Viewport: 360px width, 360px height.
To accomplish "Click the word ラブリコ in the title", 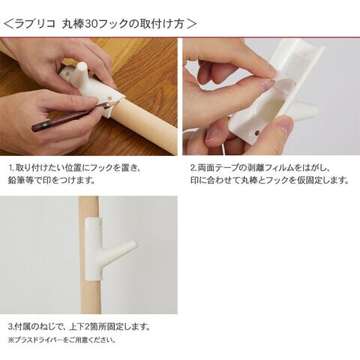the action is (35, 24).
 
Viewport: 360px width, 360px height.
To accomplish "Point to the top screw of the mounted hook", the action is (100, 221).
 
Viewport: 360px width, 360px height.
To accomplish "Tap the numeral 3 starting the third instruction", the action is (10, 326).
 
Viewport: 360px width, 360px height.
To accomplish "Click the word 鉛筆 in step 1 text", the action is (16, 180).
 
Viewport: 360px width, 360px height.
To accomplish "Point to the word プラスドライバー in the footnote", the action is (39, 340).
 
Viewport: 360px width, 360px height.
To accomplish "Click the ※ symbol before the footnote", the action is (11, 340).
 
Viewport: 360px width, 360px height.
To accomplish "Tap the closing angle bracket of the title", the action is (192, 24).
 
